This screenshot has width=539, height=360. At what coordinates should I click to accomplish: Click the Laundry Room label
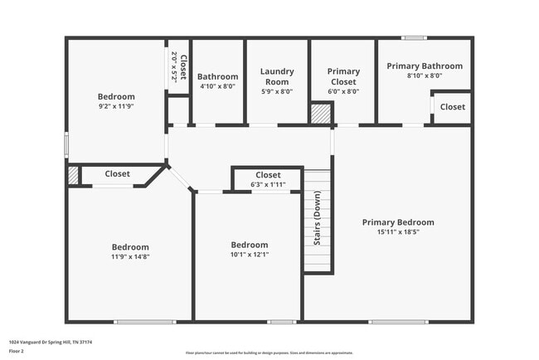point(277,76)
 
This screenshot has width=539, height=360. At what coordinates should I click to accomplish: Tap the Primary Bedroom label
point(398,222)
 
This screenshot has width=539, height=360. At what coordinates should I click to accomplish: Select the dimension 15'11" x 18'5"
point(398,232)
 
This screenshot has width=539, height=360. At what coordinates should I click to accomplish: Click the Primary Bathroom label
point(425,66)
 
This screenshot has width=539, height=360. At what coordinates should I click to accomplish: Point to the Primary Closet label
point(343,76)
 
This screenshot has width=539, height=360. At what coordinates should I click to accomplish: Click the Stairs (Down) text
point(318,217)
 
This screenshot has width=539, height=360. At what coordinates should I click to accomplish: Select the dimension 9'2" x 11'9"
point(116,106)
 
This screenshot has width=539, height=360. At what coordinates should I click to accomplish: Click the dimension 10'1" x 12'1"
point(249,255)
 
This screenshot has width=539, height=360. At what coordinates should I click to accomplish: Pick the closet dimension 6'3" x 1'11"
point(268,184)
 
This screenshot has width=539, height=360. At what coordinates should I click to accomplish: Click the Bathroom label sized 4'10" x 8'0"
point(217,76)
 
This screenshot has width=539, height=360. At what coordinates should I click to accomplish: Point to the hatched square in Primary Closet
point(320,114)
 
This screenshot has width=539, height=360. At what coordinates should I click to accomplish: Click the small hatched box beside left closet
point(73,175)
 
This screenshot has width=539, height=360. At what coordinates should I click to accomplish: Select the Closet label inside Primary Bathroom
point(452,107)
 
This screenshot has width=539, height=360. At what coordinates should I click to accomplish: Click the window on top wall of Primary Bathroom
point(414,37)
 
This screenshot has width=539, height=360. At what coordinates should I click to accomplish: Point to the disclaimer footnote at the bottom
point(269,353)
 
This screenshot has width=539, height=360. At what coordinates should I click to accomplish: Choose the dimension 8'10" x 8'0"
point(425,75)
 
